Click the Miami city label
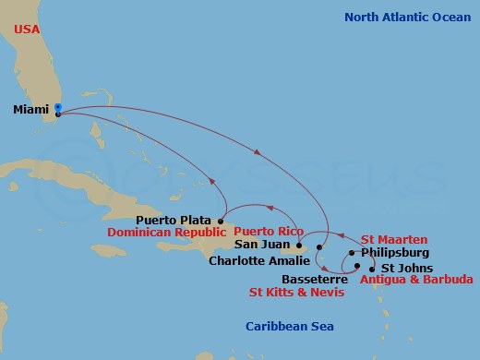(x=32, y=110)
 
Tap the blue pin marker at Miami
(x=58, y=110)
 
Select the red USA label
(x=28, y=28)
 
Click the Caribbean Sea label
(x=289, y=327)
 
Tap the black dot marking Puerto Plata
(x=222, y=221)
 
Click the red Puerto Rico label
(x=268, y=231)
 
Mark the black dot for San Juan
(x=299, y=246)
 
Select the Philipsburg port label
(x=394, y=251)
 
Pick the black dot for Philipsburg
(x=352, y=252)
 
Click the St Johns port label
(x=402, y=266)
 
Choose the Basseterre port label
(x=316, y=279)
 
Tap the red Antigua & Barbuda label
(x=417, y=279)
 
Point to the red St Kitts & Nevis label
(x=296, y=293)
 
